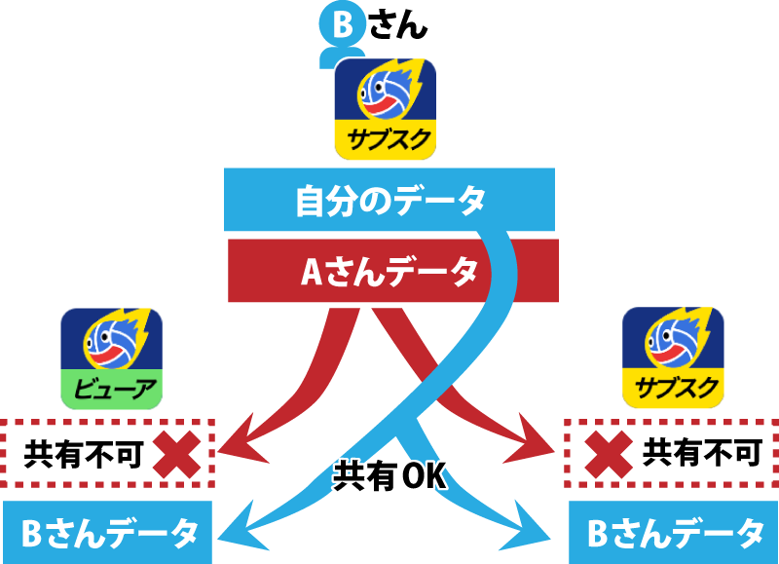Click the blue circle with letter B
(x=342, y=26)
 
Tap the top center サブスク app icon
(x=385, y=108)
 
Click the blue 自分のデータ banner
(x=389, y=200)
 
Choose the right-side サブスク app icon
(x=673, y=356)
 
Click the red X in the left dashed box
(x=178, y=452)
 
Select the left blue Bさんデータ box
(x=108, y=533)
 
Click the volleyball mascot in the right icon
(x=673, y=341)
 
